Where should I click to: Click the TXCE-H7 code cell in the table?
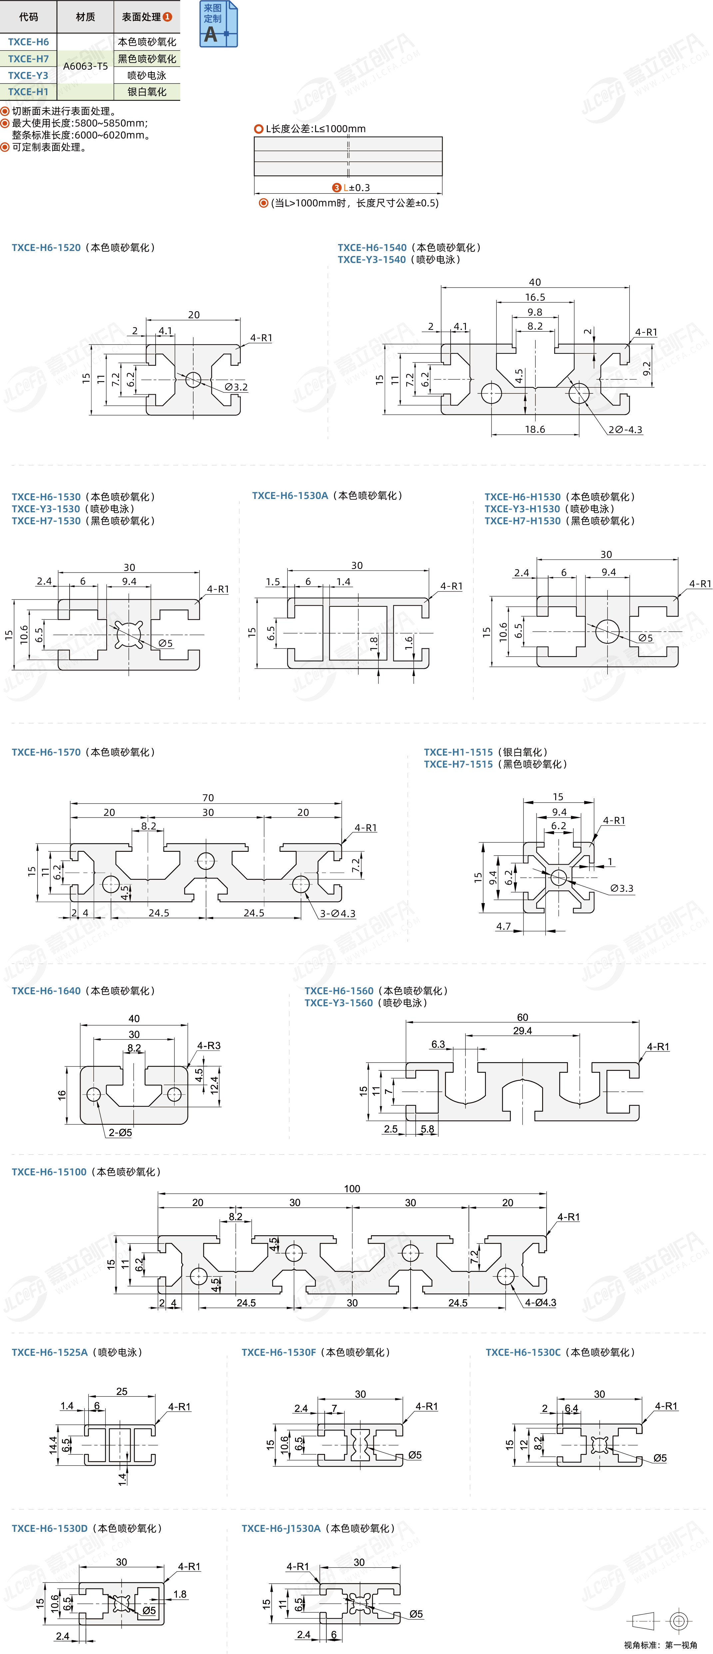(x=28, y=59)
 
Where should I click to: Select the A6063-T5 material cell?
(x=86, y=66)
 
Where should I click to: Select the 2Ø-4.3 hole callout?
(x=625, y=429)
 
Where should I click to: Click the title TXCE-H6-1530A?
(x=290, y=496)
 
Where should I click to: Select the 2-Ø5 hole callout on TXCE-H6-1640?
(x=120, y=1133)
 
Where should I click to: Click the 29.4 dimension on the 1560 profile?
(x=522, y=1031)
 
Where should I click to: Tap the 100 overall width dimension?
(x=352, y=1189)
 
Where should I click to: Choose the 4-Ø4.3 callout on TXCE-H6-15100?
(x=540, y=1303)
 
